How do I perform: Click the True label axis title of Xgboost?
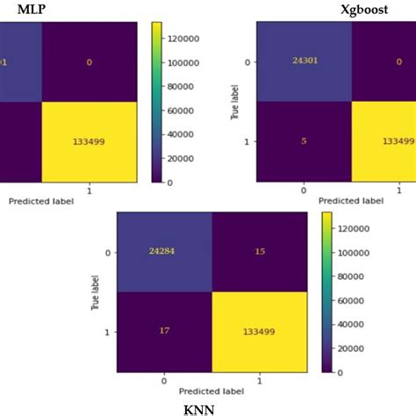[x=234, y=101]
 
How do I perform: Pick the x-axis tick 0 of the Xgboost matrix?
[x=304, y=189]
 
